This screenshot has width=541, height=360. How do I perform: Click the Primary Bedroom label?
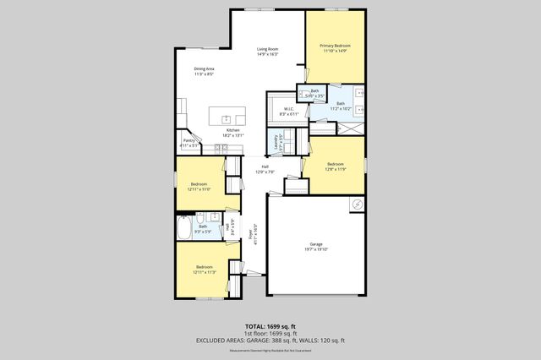click(335, 45)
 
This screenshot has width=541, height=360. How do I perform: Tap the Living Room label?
click(268, 50)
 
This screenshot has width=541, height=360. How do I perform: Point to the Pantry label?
click(189, 141)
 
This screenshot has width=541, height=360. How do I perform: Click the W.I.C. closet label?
click(287, 108)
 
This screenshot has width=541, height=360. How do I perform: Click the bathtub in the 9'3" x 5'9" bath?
click(185, 228)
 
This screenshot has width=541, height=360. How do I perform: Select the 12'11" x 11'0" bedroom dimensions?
click(199, 189)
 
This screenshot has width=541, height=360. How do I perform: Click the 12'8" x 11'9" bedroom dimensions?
click(335, 169)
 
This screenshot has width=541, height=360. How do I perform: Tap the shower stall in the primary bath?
click(352, 126)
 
